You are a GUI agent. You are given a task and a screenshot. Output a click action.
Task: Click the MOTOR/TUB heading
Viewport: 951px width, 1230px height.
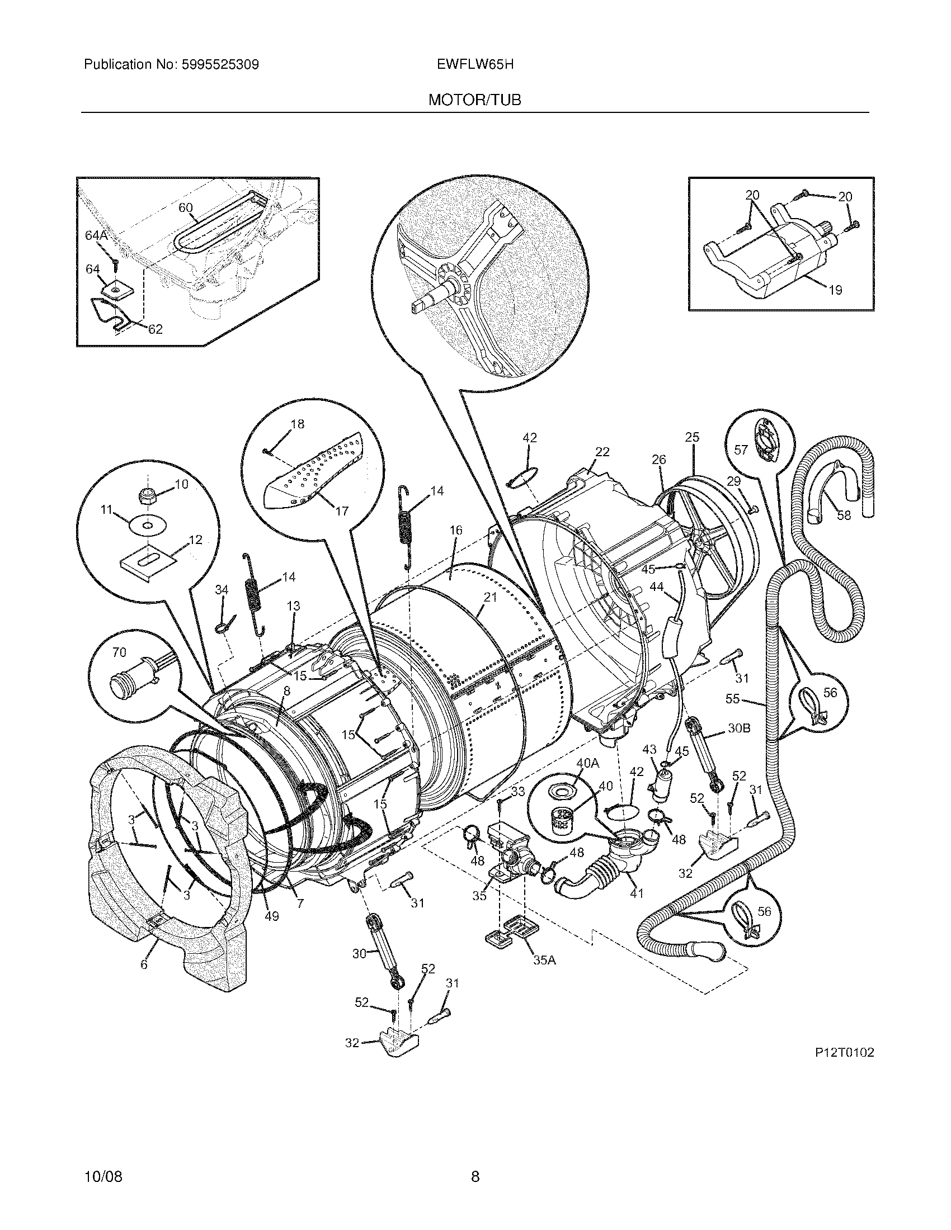474,100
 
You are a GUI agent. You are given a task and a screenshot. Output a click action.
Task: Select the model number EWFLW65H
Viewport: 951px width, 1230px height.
474,65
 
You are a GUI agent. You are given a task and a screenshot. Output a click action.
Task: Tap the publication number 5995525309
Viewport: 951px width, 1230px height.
220,65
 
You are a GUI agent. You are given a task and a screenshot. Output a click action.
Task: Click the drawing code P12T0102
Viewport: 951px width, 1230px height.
844,1052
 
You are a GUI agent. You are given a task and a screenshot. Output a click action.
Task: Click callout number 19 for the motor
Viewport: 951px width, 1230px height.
835,290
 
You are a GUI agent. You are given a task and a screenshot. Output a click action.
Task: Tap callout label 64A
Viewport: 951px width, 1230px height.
96,235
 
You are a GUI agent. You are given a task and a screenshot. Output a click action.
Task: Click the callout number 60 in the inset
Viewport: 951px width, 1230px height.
185,207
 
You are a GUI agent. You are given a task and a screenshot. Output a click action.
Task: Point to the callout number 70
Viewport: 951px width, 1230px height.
119,651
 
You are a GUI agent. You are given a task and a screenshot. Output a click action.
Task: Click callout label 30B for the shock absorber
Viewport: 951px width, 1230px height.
738,727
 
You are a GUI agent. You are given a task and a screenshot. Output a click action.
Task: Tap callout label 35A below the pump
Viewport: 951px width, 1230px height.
544,960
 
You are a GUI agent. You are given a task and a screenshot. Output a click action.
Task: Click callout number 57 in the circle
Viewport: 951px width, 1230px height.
741,450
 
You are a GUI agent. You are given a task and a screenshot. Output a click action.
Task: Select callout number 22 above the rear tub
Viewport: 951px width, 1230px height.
602,451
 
